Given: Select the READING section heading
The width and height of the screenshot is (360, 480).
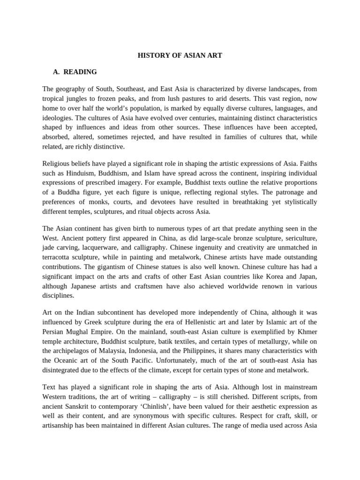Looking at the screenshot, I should pyautogui.click(x=80, y=72).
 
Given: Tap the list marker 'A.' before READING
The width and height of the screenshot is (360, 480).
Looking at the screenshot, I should pyautogui.click(x=57, y=72).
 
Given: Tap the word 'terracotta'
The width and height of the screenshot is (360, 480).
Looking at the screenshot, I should pyautogui.click(x=58, y=257).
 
